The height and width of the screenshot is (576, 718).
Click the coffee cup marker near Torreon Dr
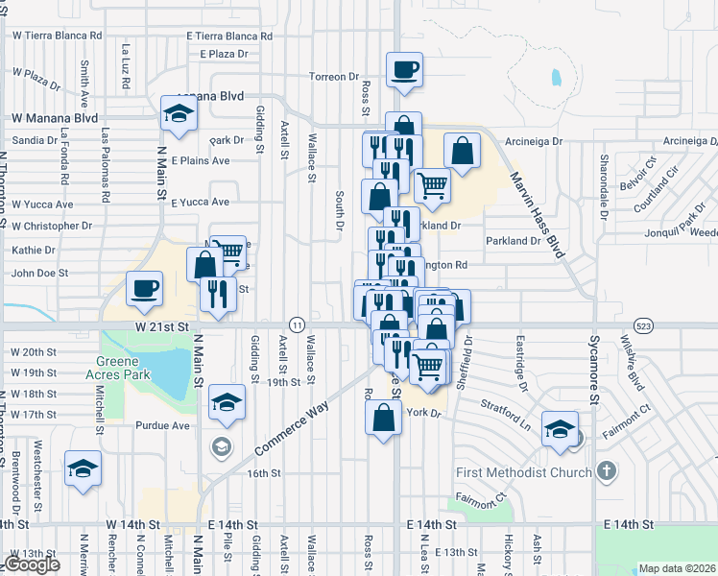click(404, 69)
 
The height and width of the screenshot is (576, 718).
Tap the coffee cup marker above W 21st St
click(144, 289)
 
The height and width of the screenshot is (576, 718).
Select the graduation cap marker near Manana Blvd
click(179, 114)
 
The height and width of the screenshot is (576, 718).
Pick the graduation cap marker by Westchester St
click(84, 468)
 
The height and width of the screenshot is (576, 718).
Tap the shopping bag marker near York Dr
click(383, 418)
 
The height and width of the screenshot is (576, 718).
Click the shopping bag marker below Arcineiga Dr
click(462, 151)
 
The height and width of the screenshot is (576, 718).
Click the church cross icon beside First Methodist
click(605, 471)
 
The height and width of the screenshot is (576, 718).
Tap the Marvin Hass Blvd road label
click(539, 216)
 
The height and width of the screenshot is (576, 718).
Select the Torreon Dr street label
click(333, 76)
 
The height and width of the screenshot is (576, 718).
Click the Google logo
click(31, 564)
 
